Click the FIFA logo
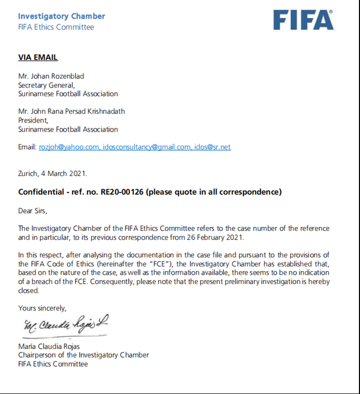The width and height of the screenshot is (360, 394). click(303, 20)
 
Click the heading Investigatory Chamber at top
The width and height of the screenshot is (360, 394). click(62, 16)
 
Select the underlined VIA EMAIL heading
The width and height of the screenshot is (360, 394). click(38, 57)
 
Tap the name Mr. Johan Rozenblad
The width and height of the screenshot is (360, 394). click(51, 76)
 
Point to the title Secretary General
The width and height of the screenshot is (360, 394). click(46, 85)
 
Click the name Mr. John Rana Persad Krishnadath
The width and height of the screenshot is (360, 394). click(71, 111)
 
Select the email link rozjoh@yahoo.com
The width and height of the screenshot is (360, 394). click(69, 147)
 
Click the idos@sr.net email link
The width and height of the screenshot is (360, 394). click(212, 147)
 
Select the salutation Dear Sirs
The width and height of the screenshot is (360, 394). click(36, 210)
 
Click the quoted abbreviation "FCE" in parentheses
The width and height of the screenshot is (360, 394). click(153, 264)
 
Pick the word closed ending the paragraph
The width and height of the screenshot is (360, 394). click(29, 291)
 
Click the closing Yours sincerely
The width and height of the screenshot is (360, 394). click(42, 308)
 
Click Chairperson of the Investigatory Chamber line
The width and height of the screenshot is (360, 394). click(83, 355)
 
